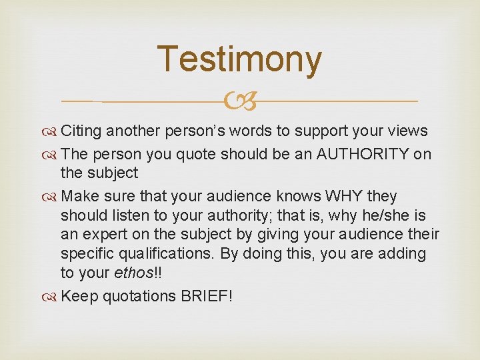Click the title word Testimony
click(x=239, y=59)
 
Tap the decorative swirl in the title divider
click(x=240, y=102)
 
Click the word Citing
click(x=81, y=131)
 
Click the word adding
click(x=400, y=255)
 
